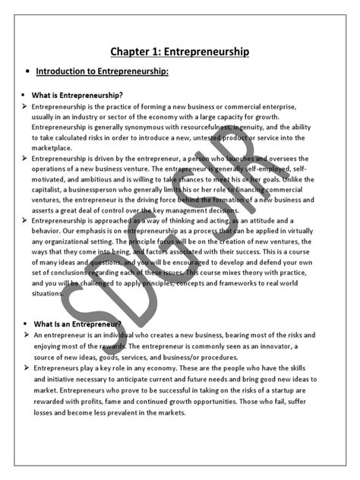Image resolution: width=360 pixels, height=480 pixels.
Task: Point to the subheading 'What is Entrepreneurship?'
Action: (x=78, y=96)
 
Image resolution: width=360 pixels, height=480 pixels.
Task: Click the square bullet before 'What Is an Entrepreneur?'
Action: (x=26, y=324)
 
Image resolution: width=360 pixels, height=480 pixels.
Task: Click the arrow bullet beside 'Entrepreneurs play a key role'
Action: (x=26, y=368)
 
